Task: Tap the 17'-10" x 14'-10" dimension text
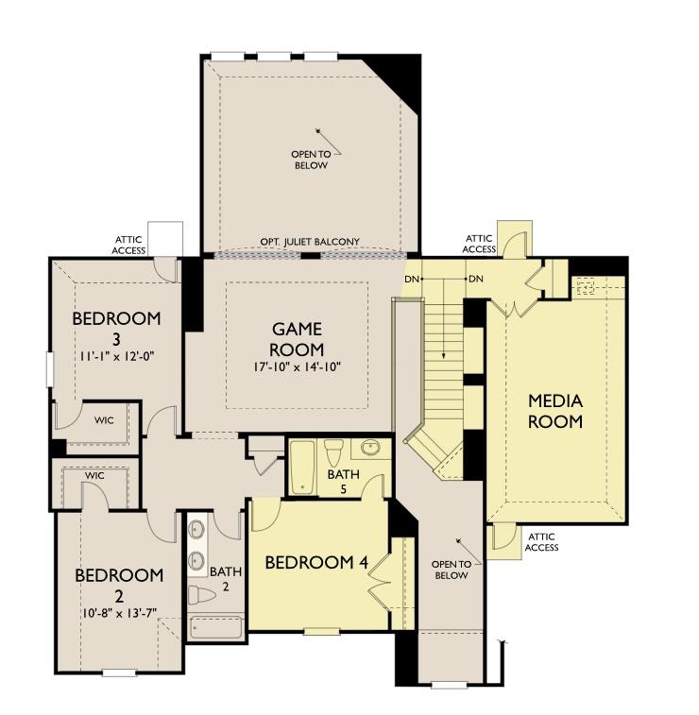point(297,366)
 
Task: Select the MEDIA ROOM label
point(555,411)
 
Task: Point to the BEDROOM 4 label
point(315,563)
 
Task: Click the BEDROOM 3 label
point(116,328)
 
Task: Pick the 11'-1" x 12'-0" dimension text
point(116,359)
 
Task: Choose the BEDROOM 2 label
point(119,586)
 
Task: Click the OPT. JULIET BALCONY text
point(304,243)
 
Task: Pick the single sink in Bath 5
point(370,447)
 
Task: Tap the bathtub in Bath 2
point(216,627)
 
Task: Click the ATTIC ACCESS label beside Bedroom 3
point(129,246)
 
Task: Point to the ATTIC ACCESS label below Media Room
point(541,542)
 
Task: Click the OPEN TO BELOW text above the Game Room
point(310,160)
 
